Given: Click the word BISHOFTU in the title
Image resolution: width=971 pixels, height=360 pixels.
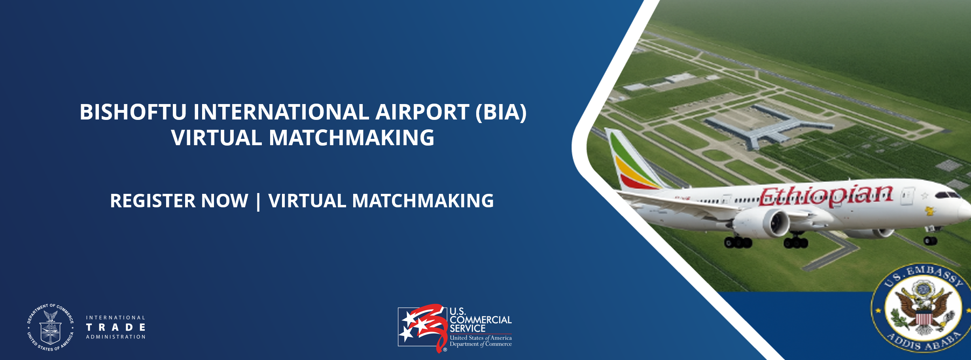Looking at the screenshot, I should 133,112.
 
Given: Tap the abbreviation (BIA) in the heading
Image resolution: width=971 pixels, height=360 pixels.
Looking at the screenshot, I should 501,112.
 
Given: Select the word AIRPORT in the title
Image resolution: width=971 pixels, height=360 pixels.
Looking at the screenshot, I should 422,112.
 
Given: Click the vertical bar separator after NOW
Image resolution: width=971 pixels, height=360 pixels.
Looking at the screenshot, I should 258,201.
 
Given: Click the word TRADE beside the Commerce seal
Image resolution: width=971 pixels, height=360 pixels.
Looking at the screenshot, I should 115,328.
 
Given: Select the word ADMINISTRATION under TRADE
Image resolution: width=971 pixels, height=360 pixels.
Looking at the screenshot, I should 115,337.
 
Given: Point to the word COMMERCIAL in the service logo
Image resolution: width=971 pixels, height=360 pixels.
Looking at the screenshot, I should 481,320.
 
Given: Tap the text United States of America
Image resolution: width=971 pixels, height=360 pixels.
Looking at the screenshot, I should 481,338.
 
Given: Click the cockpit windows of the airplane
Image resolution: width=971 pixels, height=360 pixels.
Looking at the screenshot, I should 948,195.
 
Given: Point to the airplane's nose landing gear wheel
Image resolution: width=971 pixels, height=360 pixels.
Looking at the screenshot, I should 930,240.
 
